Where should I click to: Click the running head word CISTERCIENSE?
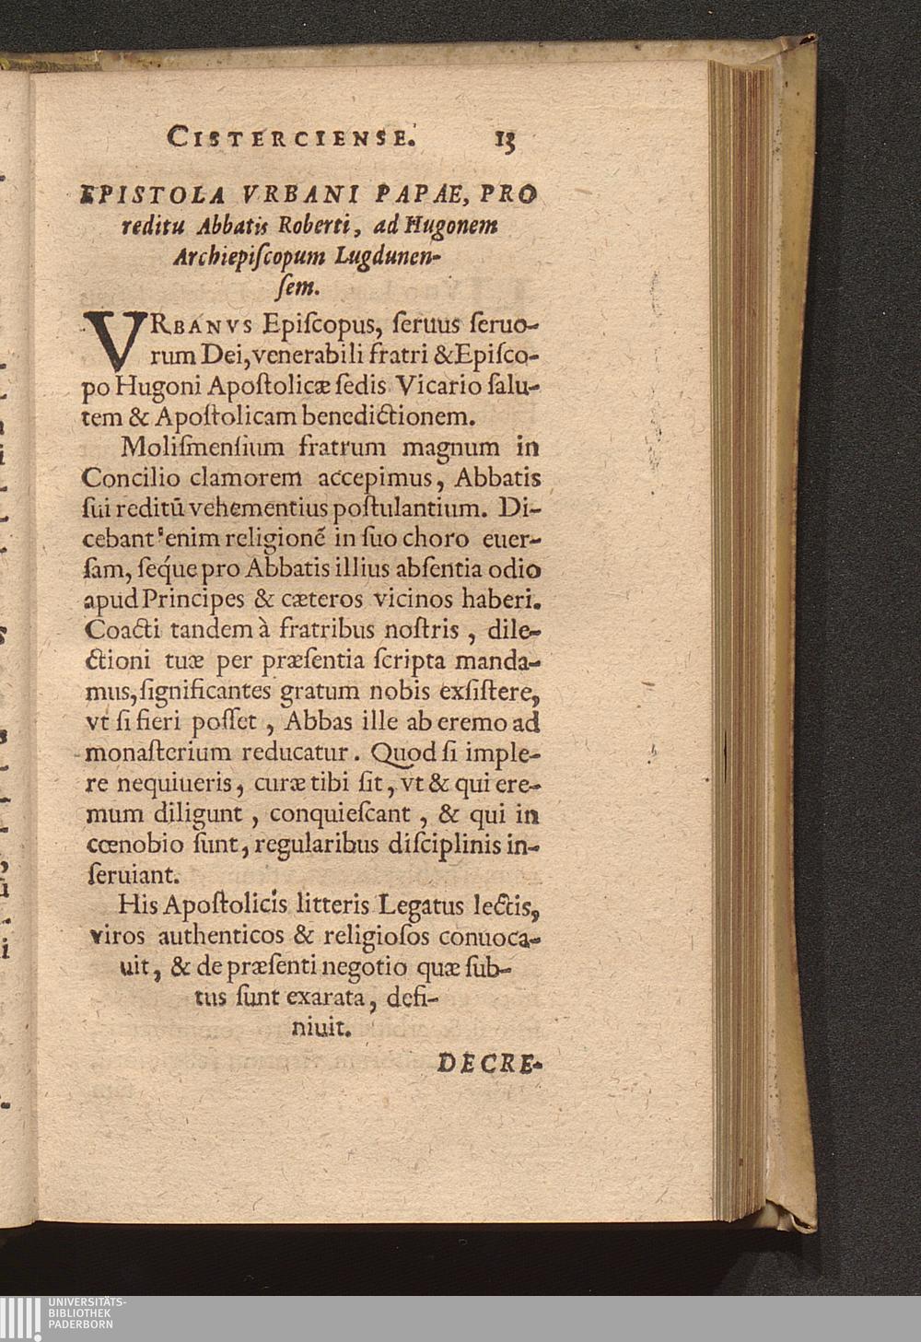coord(291,138)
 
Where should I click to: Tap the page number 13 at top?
coord(506,138)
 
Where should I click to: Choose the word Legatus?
coord(415,905)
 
